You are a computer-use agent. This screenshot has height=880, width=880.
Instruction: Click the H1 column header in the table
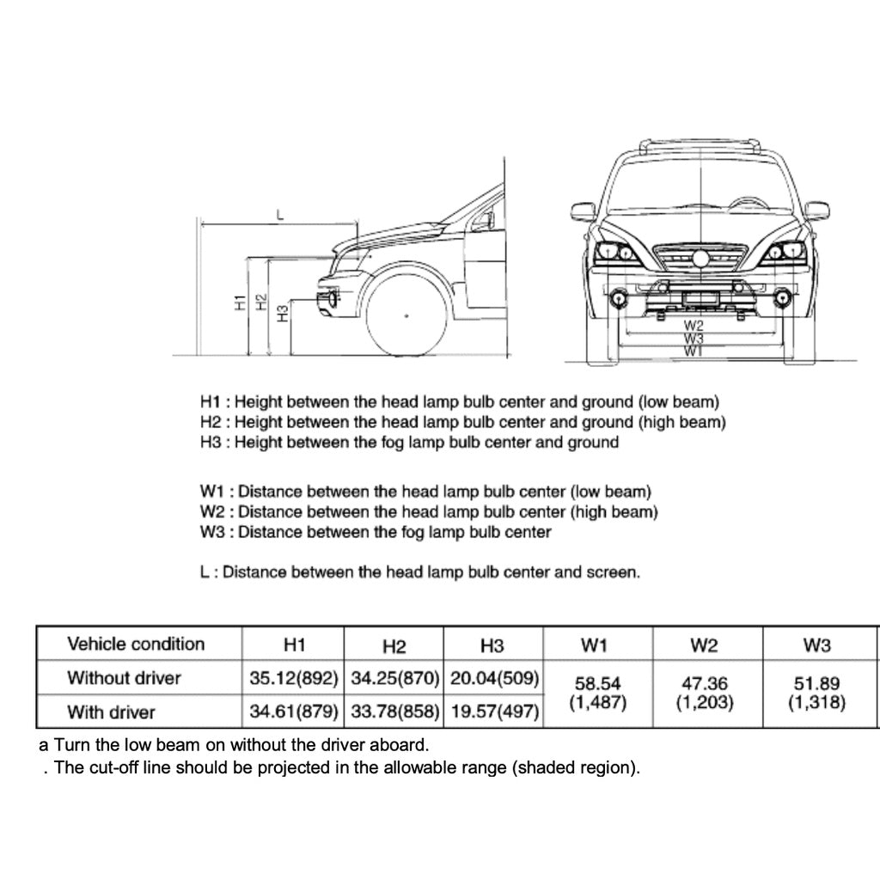[294, 645]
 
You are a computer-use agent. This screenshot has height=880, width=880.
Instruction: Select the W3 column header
[816, 645]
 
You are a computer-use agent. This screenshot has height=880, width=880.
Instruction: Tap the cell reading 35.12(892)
[294, 678]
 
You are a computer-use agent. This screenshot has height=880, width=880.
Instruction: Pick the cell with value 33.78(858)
[394, 712]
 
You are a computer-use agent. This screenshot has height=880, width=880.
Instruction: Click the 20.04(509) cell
[494, 678]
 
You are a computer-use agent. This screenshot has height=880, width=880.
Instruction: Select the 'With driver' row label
[112, 712]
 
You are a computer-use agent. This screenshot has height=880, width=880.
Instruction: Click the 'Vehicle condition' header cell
[136, 645]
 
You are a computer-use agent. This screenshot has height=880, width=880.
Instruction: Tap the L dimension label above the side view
[279, 216]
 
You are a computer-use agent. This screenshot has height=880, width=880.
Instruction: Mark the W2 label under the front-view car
[694, 326]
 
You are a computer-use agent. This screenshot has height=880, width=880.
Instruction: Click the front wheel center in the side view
[406, 316]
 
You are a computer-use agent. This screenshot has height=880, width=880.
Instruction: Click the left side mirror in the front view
[584, 211]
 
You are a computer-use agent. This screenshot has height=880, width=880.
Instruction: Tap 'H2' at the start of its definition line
[211, 423]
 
